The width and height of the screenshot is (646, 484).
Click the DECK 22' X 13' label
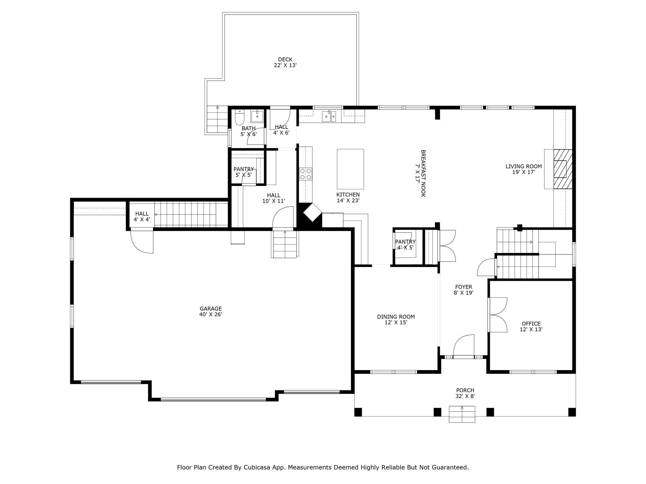pyautogui.click(x=285, y=62)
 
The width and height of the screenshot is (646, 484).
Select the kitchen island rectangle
pyautogui.click(x=350, y=169)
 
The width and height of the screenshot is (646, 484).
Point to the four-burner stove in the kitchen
pyautogui.click(x=306, y=174)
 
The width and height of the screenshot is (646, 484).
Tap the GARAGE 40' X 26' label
pyautogui.click(x=211, y=311)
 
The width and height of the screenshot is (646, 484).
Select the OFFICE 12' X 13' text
pyautogui.click(x=531, y=327)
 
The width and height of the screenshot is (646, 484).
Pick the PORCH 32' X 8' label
pyautogui.click(x=465, y=393)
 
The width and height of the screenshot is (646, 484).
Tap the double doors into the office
pyautogui.click(x=498, y=315)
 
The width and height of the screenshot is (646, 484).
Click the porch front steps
pyautogui.click(x=462, y=415)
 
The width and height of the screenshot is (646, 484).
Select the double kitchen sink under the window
pyautogui.click(x=329, y=117)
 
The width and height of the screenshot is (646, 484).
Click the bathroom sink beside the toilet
pyautogui.click(x=257, y=116)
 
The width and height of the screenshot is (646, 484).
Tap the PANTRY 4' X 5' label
pyautogui.click(x=405, y=244)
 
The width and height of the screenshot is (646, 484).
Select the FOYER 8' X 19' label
pyautogui.click(x=463, y=290)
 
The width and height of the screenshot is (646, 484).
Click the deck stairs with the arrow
pyautogui.click(x=217, y=119)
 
